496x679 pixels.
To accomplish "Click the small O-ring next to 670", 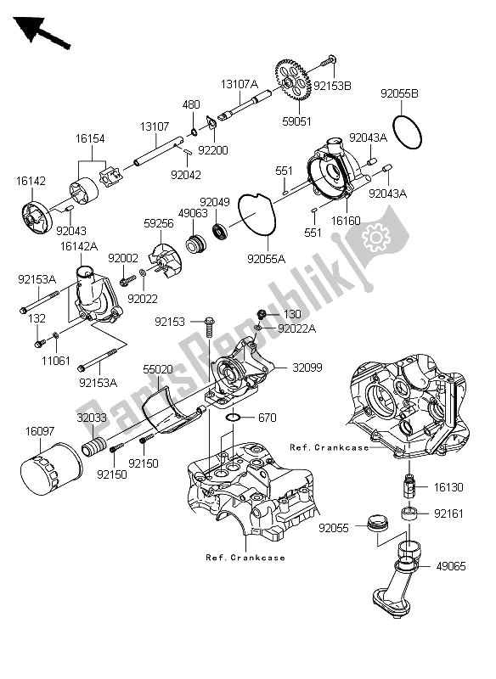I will (x=239, y=418).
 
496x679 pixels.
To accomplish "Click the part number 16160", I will (x=348, y=220).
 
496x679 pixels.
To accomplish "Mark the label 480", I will (x=192, y=105).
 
